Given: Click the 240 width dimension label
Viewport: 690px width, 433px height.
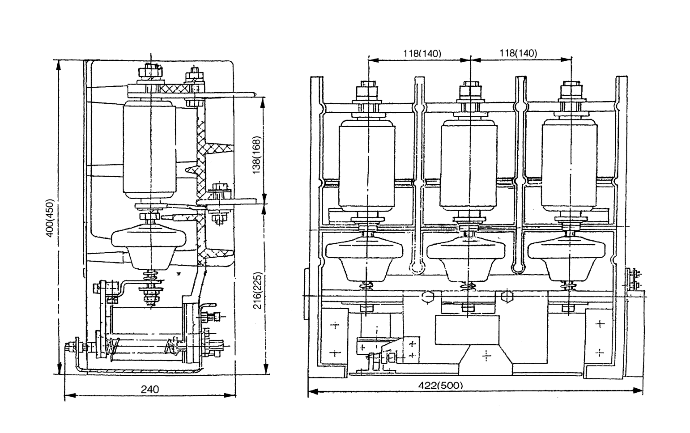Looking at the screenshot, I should coord(150,389).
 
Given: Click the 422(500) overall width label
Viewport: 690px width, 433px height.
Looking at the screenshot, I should coord(441,385).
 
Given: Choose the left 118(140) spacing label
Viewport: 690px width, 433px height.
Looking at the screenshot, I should coord(422,53).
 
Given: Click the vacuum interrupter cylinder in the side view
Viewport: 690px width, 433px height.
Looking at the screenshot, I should coord(149,150).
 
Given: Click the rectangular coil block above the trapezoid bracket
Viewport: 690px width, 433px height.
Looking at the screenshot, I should coord(467,330).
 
